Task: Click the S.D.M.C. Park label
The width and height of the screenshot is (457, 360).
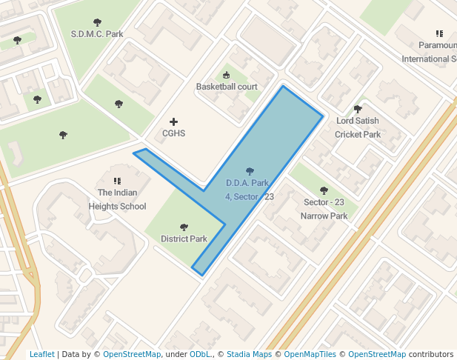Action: pos(97,34)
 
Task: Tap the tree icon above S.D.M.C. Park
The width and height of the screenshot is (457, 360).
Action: pos(97,22)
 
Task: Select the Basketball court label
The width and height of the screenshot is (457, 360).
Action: pos(227,87)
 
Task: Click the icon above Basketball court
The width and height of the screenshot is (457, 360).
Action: pos(227,75)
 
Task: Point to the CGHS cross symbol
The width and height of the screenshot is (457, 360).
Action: pos(174,121)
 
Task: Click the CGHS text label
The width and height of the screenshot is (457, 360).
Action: pos(174,134)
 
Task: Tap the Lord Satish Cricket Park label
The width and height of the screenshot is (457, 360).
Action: pos(358,127)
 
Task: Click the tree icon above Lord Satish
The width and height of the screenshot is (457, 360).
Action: pos(358,109)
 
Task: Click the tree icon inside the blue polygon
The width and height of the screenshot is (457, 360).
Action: pos(250,171)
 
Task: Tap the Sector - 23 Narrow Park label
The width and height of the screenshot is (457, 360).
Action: pos(324,209)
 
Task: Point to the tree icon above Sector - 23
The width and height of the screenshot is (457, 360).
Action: pos(324,190)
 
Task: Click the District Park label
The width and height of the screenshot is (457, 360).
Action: pos(184,239)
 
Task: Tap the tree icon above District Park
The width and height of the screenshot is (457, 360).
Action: pos(184,227)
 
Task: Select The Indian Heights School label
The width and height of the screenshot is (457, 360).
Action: pos(117,200)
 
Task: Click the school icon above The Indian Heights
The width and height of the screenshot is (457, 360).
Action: pos(117,181)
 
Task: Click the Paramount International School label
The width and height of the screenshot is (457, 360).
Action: pos(430,52)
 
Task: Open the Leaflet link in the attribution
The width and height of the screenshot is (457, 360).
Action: pos(41,354)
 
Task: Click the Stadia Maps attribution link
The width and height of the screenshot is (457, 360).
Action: pos(249,354)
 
